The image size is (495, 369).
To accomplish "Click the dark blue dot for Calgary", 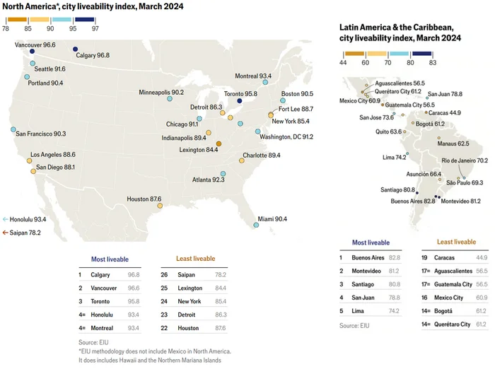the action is (x=75, y=49).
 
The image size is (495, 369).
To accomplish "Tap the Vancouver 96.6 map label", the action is (x=35, y=45).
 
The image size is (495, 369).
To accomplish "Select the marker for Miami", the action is (x=256, y=225).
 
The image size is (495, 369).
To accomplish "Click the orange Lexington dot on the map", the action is (x=219, y=144).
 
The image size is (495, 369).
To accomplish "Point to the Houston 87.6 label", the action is (x=144, y=199).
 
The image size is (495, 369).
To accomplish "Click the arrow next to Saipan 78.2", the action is (x=5, y=233).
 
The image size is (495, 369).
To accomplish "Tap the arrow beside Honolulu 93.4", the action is (x=5, y=219).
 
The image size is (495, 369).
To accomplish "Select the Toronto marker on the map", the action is (x=240, y=101).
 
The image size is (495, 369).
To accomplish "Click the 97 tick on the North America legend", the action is (x=95, y=28).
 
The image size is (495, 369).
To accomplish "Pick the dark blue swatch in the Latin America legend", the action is (x=421, y=54).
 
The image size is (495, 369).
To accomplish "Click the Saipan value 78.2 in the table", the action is (x=221, y=274).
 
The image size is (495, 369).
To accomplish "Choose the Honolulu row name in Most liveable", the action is (x=102, y=315).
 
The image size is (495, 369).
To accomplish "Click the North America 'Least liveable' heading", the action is (x=195, y=259).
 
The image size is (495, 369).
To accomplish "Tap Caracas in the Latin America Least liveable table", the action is (x=444, y=257).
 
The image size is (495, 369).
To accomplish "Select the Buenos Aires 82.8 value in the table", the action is (x=395, y=257).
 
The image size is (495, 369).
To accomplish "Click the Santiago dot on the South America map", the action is (x=417, y=193).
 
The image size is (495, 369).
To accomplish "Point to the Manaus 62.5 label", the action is (x=453, y=143).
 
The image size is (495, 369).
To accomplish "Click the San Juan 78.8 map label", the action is (x=445, y=94).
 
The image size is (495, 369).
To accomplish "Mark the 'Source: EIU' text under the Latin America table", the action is (x=354, y=325).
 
